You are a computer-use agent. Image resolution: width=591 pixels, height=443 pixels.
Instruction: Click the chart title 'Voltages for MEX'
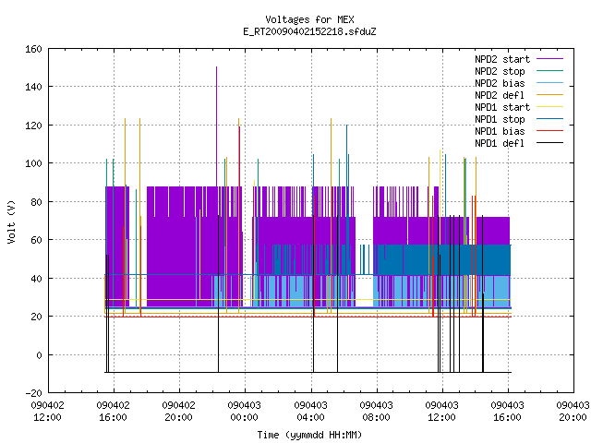309,19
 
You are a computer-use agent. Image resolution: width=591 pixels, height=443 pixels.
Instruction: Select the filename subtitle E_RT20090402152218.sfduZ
309,31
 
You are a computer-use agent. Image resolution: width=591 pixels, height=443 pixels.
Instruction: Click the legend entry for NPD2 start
502,59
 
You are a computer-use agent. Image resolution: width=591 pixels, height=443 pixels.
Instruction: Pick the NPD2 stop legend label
500,71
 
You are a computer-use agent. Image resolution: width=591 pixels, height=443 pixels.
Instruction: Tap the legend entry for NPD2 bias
500,83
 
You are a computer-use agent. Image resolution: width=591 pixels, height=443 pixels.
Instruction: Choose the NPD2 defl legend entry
500,95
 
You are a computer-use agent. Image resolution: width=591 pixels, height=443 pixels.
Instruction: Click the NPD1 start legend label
502,107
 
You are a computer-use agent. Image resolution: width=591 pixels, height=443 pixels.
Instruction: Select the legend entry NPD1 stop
500,119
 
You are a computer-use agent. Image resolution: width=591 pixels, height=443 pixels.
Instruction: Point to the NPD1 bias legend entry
500,131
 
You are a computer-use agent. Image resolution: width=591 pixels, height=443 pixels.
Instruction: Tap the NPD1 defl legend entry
500,144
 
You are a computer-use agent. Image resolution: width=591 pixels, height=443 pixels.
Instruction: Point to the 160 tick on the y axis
33,49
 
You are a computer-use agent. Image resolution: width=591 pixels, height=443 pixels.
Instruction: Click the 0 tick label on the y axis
39,355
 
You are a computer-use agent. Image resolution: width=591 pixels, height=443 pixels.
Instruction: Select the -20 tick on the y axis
33,393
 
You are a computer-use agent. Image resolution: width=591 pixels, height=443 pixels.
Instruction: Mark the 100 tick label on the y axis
33,164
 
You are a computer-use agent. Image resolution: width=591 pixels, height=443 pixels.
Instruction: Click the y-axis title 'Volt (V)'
11,221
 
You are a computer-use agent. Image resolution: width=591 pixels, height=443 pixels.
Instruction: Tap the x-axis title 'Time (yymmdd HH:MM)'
309,435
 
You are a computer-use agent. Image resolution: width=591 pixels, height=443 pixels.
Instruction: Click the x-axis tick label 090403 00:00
244,412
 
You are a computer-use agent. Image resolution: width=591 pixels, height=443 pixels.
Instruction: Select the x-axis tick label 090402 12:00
47,412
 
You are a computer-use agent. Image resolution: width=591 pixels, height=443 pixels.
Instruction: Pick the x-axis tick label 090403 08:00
376,412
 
